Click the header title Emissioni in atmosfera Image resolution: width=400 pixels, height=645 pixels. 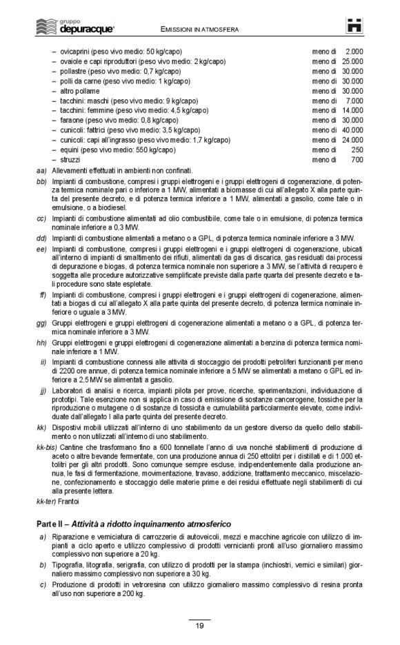coord(201,30)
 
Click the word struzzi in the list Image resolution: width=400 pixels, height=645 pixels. coord(71,159)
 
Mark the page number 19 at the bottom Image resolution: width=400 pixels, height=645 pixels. coord(199,626)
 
